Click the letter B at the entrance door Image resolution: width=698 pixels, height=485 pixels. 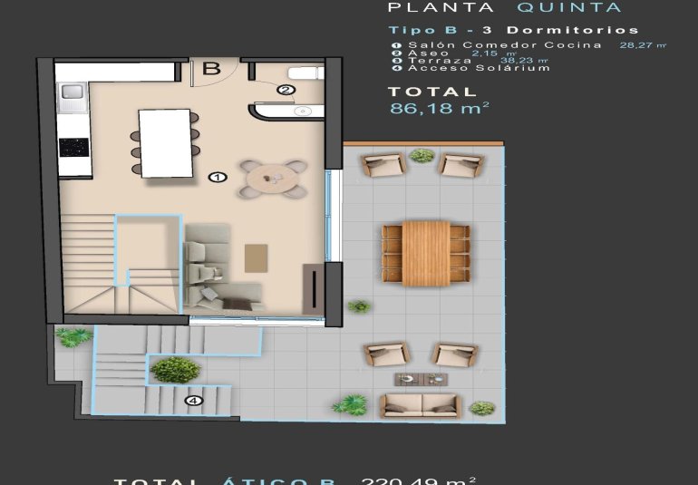(211, 68)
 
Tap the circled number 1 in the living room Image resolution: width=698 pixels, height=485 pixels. (217, 177)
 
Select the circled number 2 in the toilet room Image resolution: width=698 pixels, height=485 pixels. (285, 90)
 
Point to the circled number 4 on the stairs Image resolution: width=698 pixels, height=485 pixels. (193, 400)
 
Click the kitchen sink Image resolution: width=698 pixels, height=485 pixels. (72, 92)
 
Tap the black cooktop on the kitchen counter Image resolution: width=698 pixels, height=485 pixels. (73, 147)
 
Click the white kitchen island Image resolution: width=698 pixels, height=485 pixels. (165, 142)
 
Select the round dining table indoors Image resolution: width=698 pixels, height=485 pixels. (272, 179)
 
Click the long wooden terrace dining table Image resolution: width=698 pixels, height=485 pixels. (426, 251)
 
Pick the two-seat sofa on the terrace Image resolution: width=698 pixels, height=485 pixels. (420, 404)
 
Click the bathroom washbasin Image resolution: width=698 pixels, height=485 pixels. (299, 111)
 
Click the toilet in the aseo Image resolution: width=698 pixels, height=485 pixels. (303, 73)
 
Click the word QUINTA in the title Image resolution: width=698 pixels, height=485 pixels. (569, 8)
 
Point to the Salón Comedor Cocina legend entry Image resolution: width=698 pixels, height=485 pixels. (504, 44)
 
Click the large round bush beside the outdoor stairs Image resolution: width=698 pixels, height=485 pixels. (175, 369)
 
